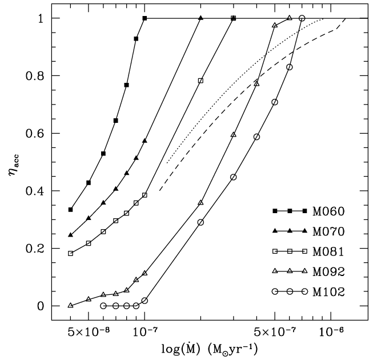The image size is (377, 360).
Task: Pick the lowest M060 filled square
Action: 70,210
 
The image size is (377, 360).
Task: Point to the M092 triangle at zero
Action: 70,306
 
